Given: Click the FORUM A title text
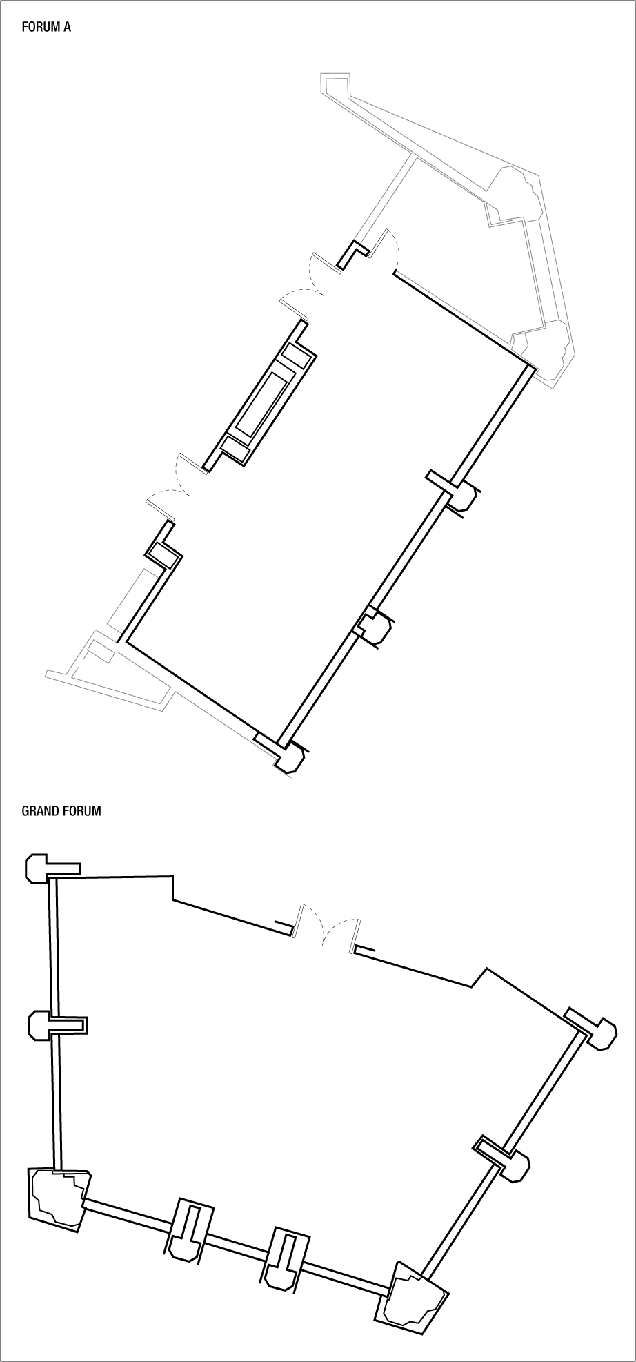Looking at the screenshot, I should point(46,28).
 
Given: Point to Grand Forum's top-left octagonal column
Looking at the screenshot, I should point(37,867).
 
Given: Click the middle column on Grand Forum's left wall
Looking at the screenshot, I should point(39,1024).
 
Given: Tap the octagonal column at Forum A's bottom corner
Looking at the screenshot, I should point(289,758).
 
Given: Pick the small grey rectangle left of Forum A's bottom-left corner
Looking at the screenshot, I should point(100,651).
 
